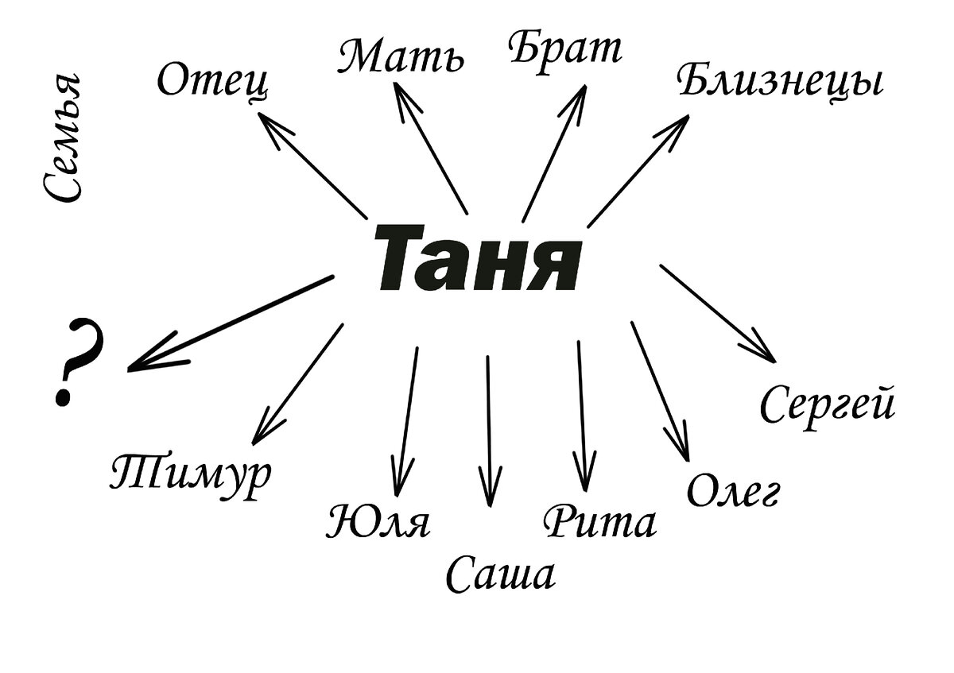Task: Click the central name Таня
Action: (476, 258)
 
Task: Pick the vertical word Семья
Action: (63, 139)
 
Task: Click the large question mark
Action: (77, 362)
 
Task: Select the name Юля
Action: (378, 522)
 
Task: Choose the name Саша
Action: (500, 574)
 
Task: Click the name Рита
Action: (600, 522)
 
